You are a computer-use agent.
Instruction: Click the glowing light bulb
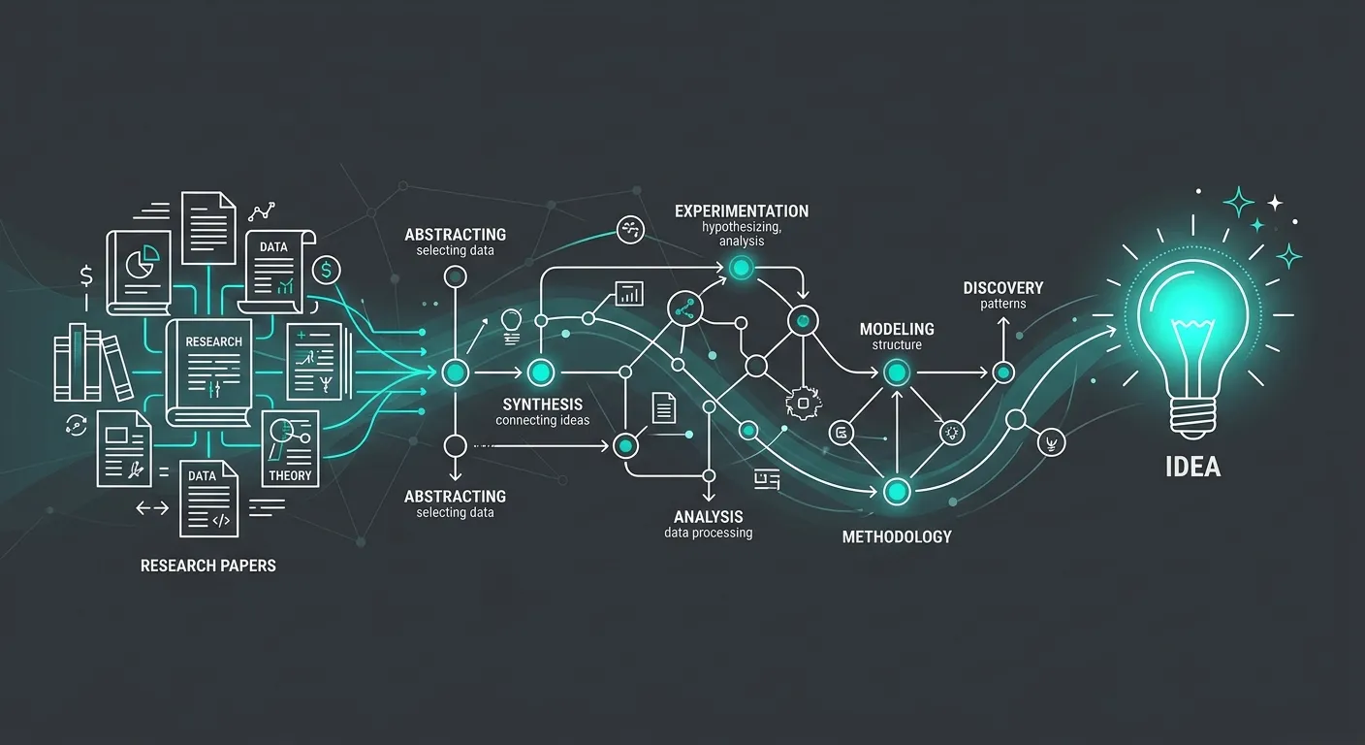point(1192,341)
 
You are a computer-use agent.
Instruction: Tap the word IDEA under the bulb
point(1192,467)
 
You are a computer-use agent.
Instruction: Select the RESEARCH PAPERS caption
point(207,566)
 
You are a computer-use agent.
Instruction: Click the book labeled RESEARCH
point(209,372)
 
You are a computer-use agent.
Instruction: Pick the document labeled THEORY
point(290,448)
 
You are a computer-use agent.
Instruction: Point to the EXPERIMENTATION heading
point(742,211)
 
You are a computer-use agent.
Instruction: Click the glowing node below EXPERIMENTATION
point(741,268)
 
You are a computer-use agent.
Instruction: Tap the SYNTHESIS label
point(542,405)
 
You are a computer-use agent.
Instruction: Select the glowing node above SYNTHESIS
point(540,372)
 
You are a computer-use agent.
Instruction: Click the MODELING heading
point(897,329)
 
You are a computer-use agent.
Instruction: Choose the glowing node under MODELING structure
point(897,372)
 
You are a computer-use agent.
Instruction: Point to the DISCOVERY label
point(1003,288)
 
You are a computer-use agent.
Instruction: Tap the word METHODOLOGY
point(897,536)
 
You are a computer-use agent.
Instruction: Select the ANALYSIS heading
point(708,517)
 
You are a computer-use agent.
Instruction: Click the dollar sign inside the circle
point(327,270)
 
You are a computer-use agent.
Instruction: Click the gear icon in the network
point(803,403)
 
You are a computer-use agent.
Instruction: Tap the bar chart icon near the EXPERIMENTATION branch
point(629,293)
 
